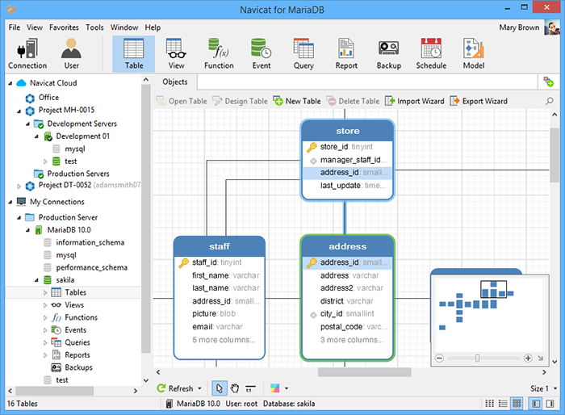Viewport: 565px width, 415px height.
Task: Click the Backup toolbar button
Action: coord(388,54)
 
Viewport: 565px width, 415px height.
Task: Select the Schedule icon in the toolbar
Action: coord(431,48)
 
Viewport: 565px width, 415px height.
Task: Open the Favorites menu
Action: coord(64,27)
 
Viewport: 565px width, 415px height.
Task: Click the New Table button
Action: coord(297,101)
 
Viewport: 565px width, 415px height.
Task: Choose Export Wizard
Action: coord(479,101)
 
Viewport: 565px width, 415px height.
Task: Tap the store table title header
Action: coord(347,131)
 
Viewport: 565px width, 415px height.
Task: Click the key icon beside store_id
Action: coord(312,147)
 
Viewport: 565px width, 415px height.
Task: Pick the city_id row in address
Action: coord(347,314)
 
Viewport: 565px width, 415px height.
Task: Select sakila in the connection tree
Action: coord(65,280)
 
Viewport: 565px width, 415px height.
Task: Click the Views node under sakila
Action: coord(74,305)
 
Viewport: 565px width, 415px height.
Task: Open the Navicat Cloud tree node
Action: coord(53,83)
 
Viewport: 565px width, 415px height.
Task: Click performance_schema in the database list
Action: coord(91,267)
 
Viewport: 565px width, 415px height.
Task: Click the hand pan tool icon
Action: coord(235,388)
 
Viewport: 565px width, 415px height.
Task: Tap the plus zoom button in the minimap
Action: coord(528,358)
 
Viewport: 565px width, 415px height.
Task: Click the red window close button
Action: coord(546,7)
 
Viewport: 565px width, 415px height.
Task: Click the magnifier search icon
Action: coord(549,101)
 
